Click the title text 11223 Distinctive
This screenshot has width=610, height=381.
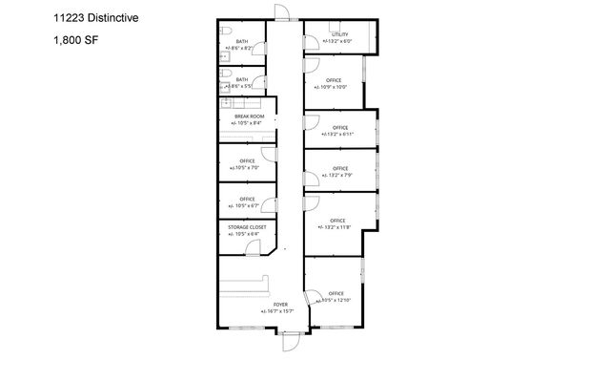point(91,16)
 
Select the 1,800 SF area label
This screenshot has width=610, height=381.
point(74,40)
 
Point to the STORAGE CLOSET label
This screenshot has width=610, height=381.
point(248,227)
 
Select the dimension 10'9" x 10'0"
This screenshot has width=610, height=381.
point(335,87)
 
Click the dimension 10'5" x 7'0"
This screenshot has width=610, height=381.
point(246,168)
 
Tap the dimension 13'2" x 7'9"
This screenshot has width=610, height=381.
point(340,175)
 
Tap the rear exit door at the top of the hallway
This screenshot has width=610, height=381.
point(279,11)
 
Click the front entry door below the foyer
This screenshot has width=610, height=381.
point(290,341)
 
